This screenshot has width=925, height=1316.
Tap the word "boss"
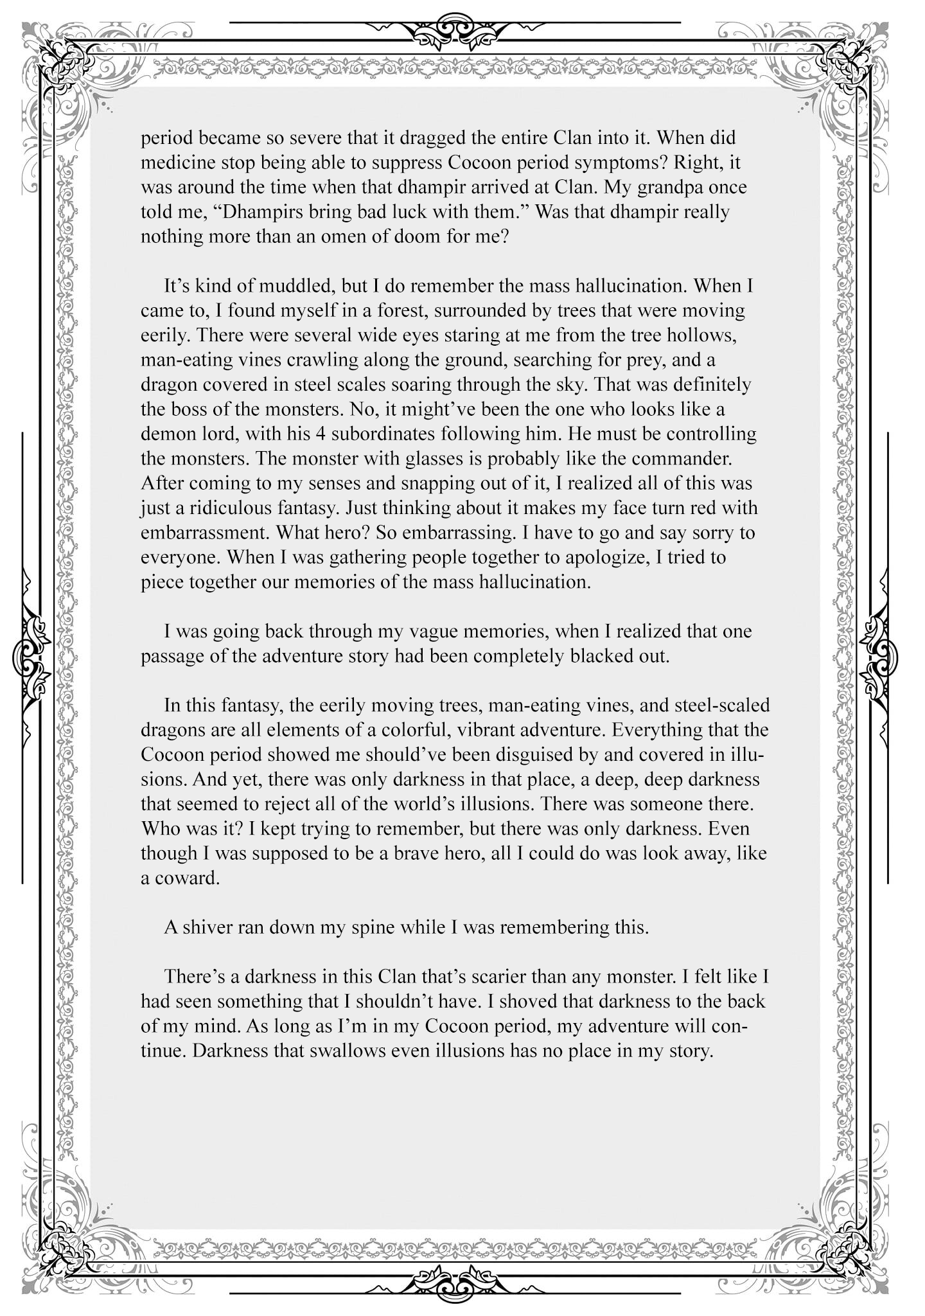[193, 409]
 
